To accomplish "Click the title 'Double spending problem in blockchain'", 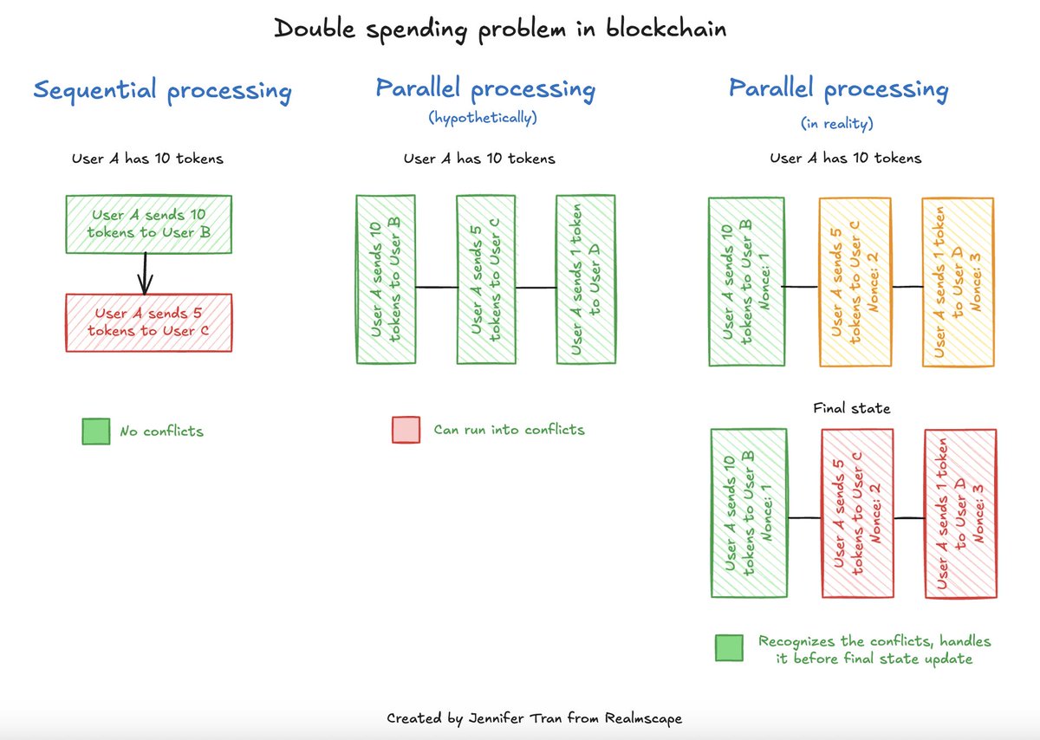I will (500, 29).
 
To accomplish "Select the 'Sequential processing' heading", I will (161, 90).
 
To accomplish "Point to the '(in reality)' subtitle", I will (837, 124).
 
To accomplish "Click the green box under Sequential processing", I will (149, 224).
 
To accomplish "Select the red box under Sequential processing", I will (149, 322).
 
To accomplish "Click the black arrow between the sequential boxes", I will (146, 274).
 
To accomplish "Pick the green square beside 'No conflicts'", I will (95, 431).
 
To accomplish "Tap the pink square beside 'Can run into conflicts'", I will (406, 430).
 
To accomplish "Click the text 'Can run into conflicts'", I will (509, 430).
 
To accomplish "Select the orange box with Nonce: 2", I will (855, 282).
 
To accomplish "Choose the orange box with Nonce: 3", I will (958, 282).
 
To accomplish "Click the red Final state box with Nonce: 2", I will (856, 513).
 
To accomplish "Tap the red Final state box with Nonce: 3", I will (959, 513).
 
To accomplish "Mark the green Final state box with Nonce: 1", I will (748, 513).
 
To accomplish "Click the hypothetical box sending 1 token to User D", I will (586, 279).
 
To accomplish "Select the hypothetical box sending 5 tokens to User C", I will (485, 279).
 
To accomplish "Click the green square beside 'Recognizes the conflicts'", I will (729, 647).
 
